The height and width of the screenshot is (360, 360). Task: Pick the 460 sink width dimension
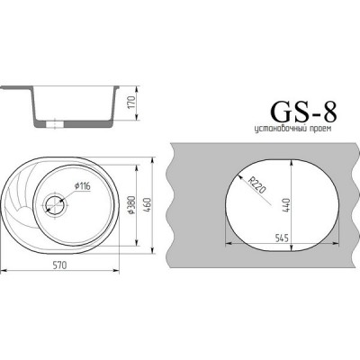[x=155, y=205]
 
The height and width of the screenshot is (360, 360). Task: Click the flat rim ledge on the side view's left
[x=13, y=88]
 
